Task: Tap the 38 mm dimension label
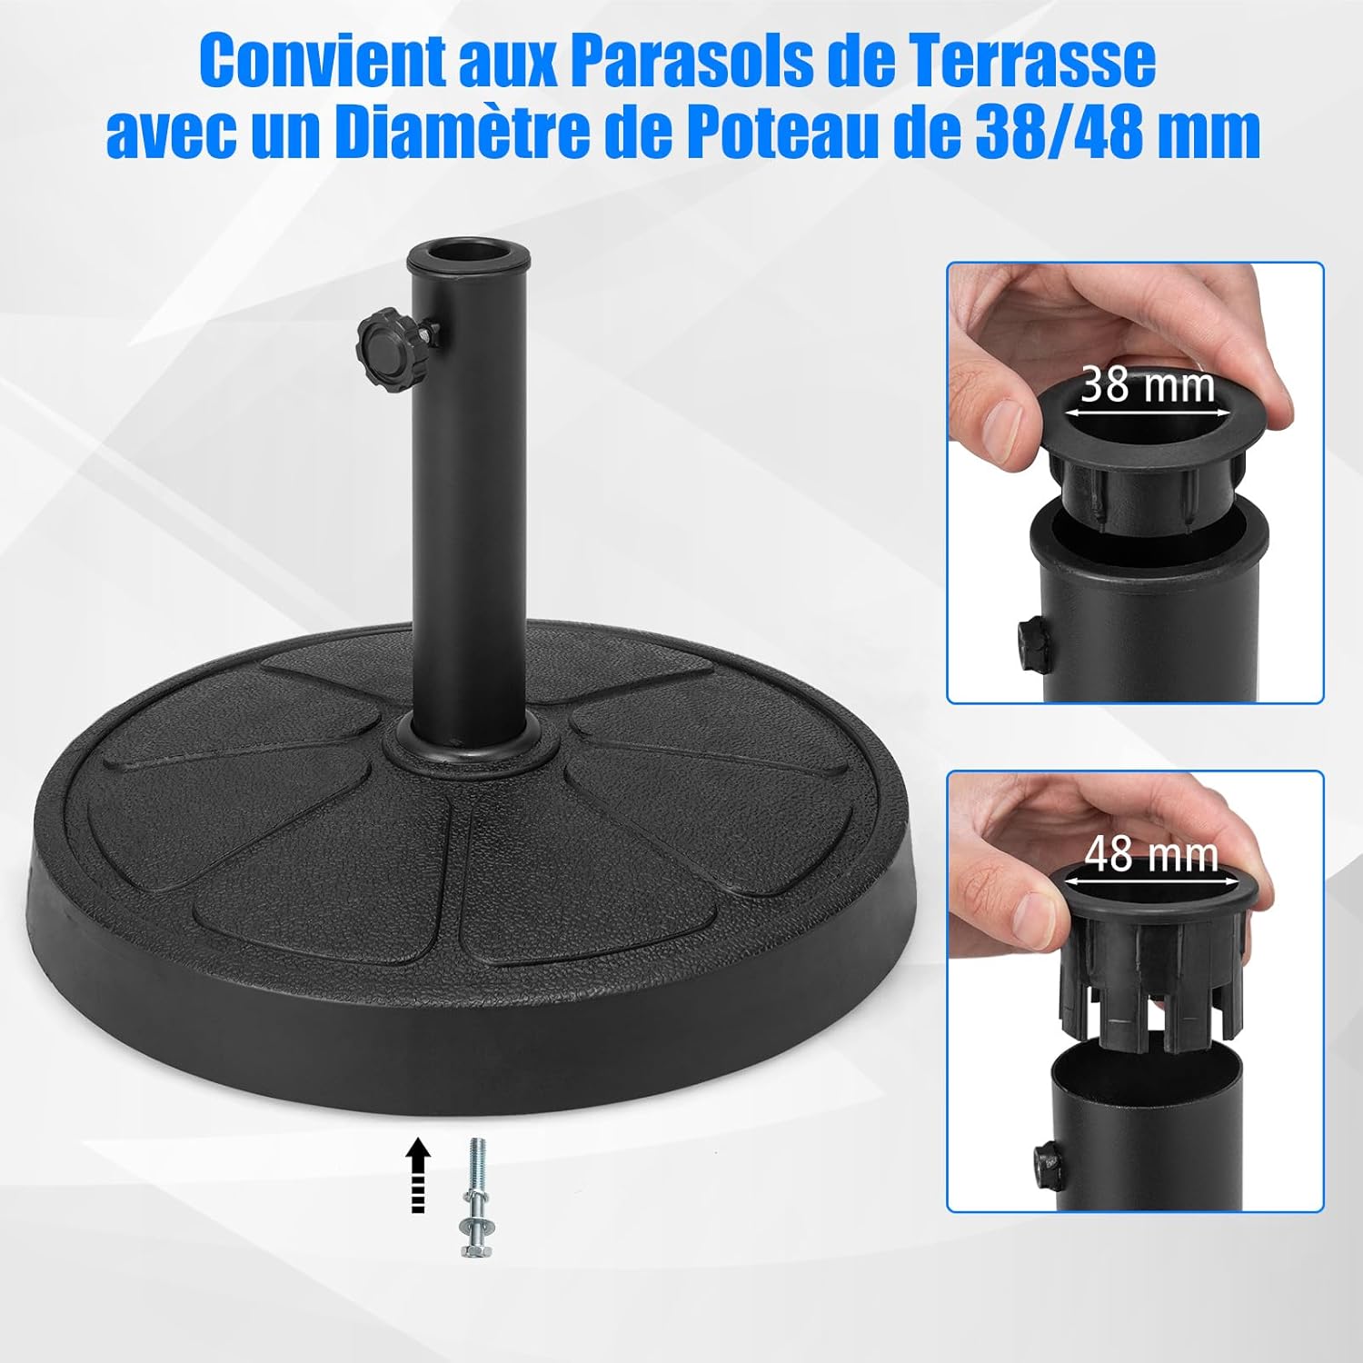tap(1148, 384)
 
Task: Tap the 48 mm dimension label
tap(1151, 854)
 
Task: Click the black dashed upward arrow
tap(417, 1174)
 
